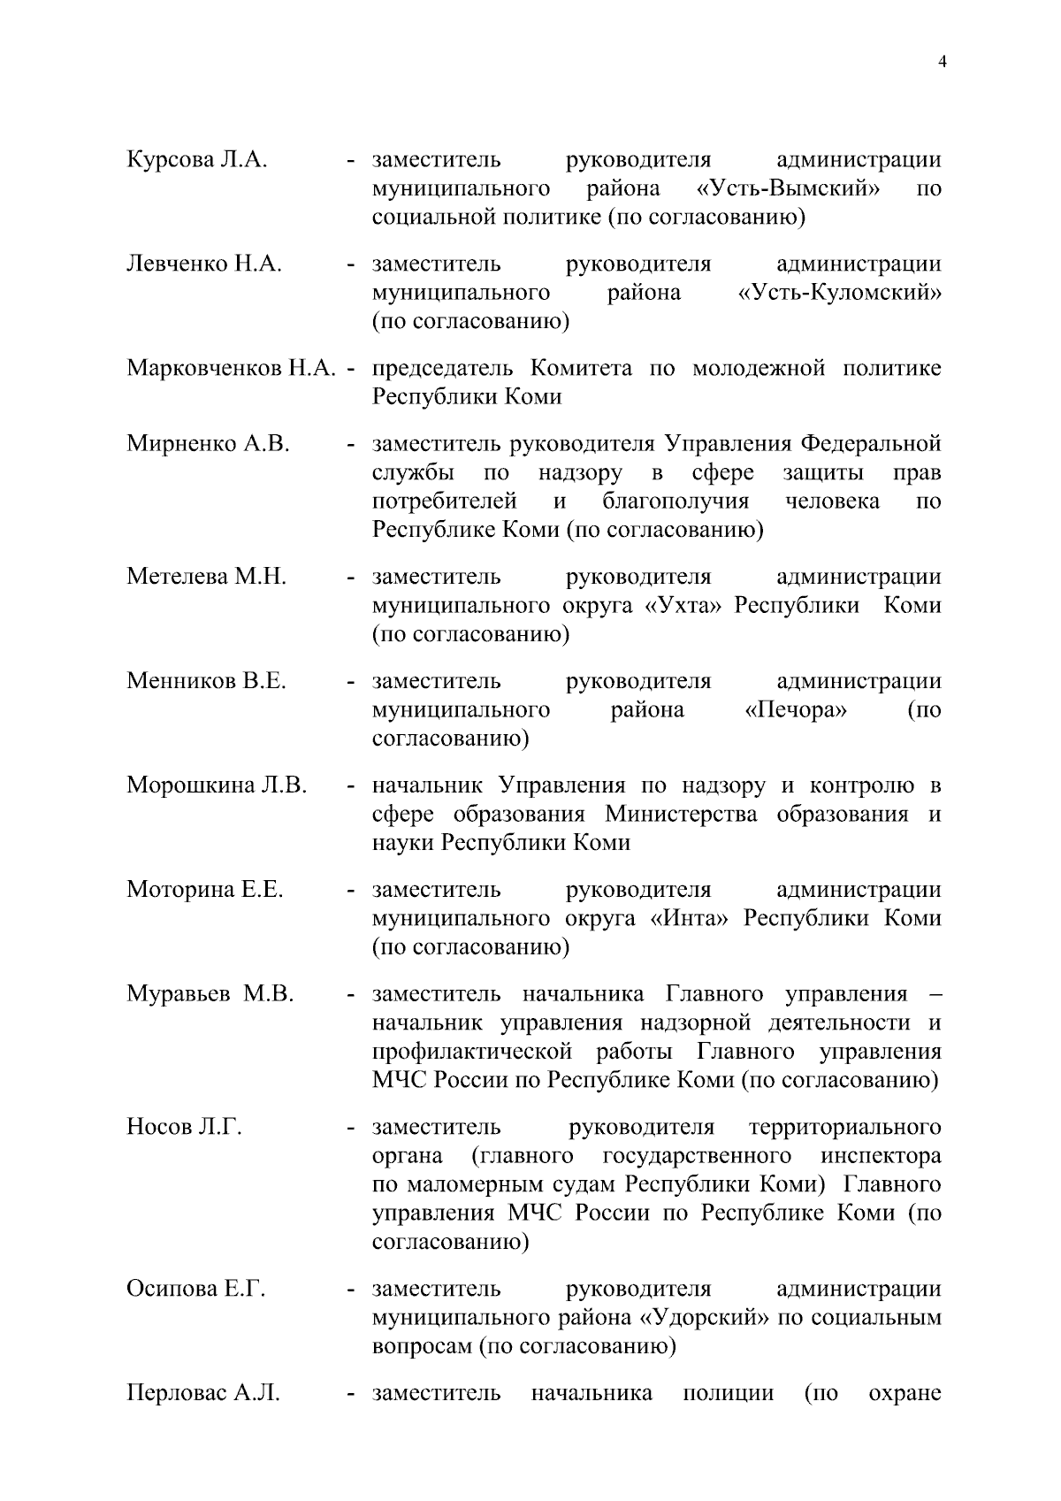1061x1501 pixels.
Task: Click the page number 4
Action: [942, 61]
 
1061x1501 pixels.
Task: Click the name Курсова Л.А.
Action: [196, 160]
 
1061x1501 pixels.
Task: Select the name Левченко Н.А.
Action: [203, 264]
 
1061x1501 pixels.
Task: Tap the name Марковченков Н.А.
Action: [233, 368]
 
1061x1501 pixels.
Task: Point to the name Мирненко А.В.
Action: [208, 444]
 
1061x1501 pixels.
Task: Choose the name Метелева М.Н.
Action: [206, 578]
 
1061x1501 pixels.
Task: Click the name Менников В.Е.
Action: [206, 682]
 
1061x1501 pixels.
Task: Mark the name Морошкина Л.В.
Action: [217, 785]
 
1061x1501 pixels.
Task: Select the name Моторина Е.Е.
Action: [204, 890]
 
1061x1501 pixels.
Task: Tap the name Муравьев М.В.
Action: [210, 994]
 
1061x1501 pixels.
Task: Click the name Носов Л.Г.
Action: [184, 1128]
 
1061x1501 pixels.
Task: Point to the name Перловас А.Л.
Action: [202, 1394]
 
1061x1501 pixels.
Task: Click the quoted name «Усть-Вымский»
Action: [781, 189]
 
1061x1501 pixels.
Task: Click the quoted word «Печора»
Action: [796, 710]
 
